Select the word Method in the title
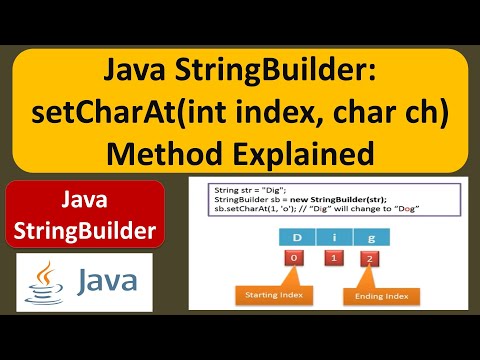coord(164,153)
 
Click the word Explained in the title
coord(303,155)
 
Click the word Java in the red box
coord(84,199)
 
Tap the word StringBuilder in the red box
coord(85,231)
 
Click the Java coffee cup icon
coord(44,283)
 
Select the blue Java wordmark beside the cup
coord(107,281)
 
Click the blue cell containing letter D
coord(297,237)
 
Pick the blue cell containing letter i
coord(334,237)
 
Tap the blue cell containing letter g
coord(371,237)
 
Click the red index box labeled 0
coord(294,258)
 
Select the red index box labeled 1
coord(334,258)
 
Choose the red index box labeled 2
coord(370,259)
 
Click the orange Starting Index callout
coord(274,295)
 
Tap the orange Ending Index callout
coord(381,296)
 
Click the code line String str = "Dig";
coord(250,190)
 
